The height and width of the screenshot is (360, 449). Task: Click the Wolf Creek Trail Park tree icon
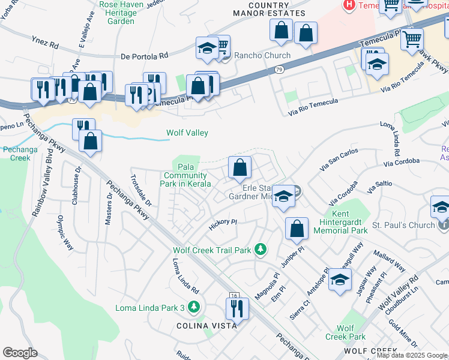pos(260,248)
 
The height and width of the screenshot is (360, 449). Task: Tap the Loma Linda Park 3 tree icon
pos(193,308)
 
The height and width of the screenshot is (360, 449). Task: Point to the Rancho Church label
pos(262,56)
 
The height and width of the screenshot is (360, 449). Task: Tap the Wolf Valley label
pos(187,133)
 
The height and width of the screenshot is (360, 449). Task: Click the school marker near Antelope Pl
pos(340,280)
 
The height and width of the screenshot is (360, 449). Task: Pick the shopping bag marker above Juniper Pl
pos(297,229)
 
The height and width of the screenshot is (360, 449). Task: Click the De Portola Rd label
pos(144,56)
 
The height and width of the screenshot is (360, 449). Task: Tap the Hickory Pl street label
pos(223,223)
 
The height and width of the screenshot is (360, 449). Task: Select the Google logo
pos(20,352)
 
